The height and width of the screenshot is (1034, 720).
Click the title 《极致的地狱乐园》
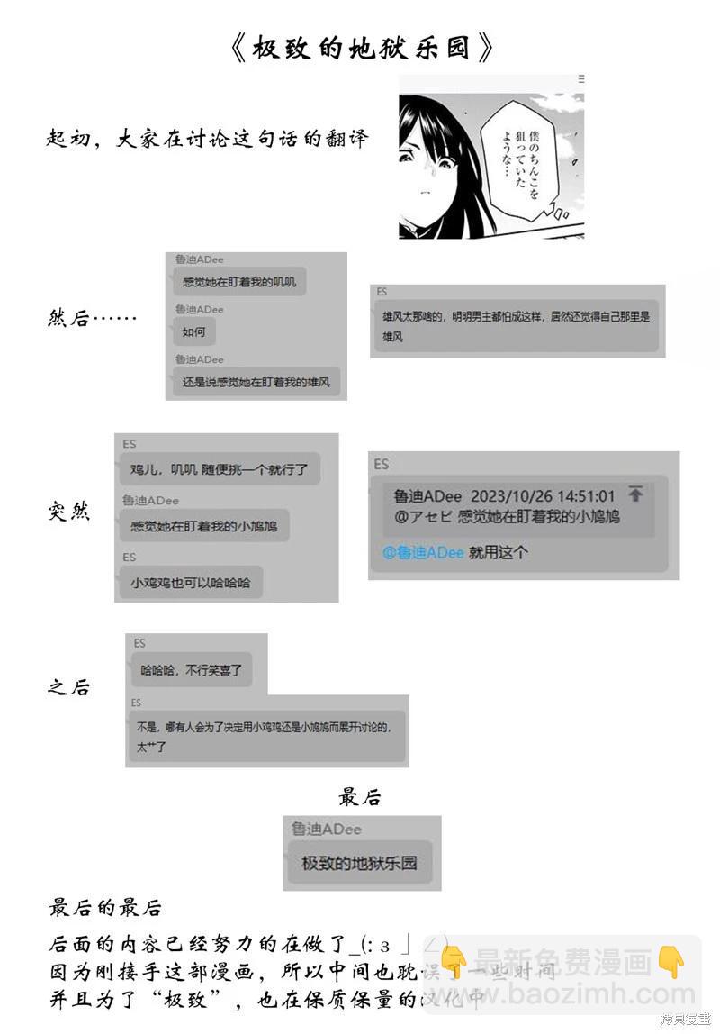coord(361,48)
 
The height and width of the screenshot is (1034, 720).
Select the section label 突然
coord(68,512)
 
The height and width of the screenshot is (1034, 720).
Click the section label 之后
coord(68,687)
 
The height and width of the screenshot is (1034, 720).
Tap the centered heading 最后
coord(360,797)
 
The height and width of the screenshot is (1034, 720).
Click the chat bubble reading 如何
coord(194,332)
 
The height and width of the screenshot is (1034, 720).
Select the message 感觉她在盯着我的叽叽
coord(238,282)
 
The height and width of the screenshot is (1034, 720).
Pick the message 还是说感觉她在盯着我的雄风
coord(256,382)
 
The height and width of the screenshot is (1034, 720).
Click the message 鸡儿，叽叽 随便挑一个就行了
coord(219,469)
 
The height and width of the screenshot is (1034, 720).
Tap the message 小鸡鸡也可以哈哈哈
coord(190,583)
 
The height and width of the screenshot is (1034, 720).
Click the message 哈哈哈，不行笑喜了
coord(191,670)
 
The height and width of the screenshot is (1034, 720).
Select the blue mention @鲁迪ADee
coord(424,552)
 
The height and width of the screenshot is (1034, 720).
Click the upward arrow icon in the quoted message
coord(636,494)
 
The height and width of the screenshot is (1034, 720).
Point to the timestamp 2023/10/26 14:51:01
coord(543,496)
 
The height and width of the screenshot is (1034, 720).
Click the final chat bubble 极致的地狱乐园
coord(359,863)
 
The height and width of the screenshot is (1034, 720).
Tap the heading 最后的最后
coord(105,907)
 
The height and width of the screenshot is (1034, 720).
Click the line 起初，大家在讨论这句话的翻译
coord(208,140)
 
